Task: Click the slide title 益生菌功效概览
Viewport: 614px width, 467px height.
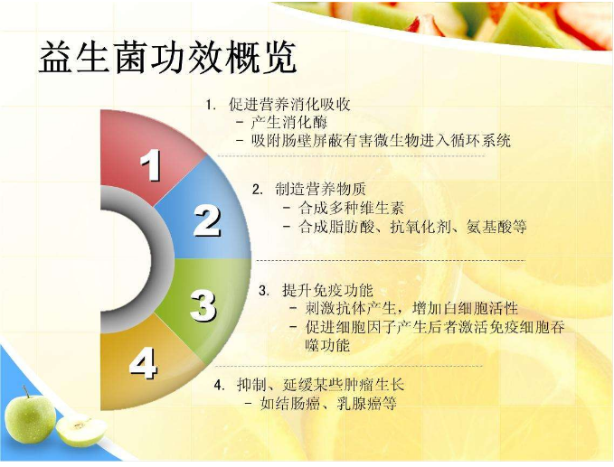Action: pyautogui.click(x=167, y=57)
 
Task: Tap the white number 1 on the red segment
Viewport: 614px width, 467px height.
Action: pyautogui.click(x=151, y=165)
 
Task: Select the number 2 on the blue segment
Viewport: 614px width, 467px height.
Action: pyautogui.click(x=207, y=221)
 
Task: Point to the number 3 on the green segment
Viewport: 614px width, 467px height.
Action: pyautogui.click(x=203, y=306)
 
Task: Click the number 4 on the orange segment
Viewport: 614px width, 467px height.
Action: pyautogui.click(x=143, y=363)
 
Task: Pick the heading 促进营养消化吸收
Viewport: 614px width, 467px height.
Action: pyautogui.click(x=289, y=105)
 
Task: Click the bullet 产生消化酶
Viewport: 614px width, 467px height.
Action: pyautogui.click(x=289, y=123)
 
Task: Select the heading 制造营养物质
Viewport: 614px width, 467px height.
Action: pyautogui.click(x=321, y=190)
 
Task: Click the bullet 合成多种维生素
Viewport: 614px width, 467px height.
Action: pyautogui.click(x=351, y=208)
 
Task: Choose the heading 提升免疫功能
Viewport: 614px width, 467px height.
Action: pyautogui.click(x=327, y=290)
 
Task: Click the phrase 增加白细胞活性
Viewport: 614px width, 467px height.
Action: pyautogui.click(x=465, y=309)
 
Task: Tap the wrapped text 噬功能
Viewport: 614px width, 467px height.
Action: pyautogui.click(x=327, y=345)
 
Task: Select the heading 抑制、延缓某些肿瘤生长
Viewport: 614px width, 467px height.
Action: pyautogui.click(x=320, y=385)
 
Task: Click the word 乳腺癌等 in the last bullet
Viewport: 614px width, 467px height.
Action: pyautogui.click(x=367, y=403)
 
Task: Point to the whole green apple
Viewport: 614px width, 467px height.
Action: pyautogui.click(x=30, y=417)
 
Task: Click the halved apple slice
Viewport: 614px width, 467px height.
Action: pyautogui.click(x=81, y=432)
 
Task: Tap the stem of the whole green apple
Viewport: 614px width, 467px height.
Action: pyautogui.click(x=26, y=391)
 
